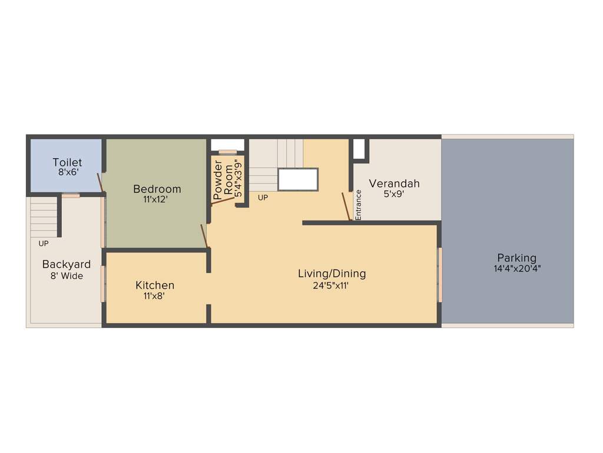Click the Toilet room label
point(67,162)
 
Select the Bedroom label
point(157,189)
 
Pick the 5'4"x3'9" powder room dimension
point(238,178)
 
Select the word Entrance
point(358,205)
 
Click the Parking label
point(516,258)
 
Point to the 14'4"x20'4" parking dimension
point(516,268)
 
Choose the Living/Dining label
point(332,274)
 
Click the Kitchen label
point(155,285)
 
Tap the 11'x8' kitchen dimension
point(154,296)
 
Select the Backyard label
point(66,264)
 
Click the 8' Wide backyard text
point(66,275)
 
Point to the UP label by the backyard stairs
point(44,243)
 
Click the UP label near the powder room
point(263,198)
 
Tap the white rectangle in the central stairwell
point(298,179)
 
